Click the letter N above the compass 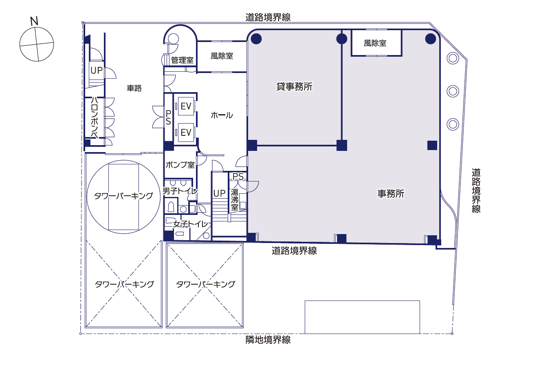[x=34, y=21]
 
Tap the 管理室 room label [x=182, y=60]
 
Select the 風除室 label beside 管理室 [x=222, y=56]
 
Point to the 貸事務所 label [x=294, y=86]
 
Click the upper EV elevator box [x=186, y=106]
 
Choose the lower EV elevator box [x=186, y=133]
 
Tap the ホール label [x=222, y=115]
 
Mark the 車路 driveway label [x=134, y=88]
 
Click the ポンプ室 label [x=180, y=165]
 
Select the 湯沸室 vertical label [x=235, y=200]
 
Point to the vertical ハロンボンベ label [x=95, y=118]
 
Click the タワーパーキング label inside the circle [x=123, y=196]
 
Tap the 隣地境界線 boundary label [x=268, y=340]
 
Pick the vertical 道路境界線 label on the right [x=476, y=190]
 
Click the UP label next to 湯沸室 [x=219, y=193]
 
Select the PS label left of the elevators [x=168, y=117]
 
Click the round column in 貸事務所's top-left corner [x=256, y=39]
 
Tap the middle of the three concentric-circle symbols [x=453, y=91]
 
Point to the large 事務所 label [x=391, y=194]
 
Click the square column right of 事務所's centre [x=432, y=145]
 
